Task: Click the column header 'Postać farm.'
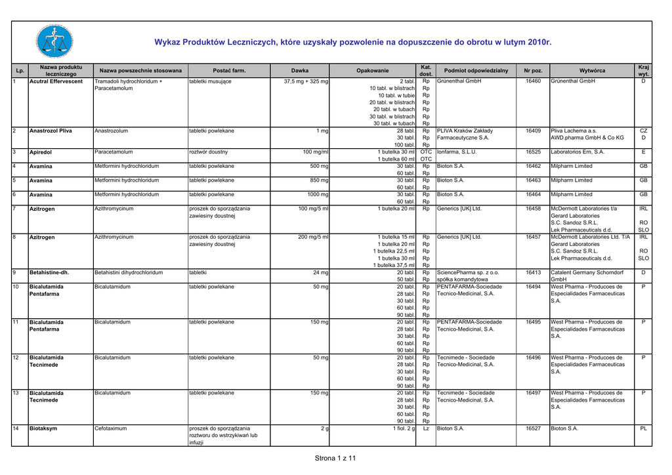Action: [x=230, y=70]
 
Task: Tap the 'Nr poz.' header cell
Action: [x=533, y=70]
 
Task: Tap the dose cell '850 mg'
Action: [x=319, y=180]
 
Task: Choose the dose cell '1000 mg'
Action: [x=318, y=195]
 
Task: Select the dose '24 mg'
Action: [x=320, y=272]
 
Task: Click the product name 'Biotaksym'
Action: [x=43, y=428]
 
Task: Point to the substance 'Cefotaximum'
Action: [x=111, y=428]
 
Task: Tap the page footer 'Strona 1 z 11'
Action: [x=335, y=458]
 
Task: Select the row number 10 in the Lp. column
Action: [x=16, y=287]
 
